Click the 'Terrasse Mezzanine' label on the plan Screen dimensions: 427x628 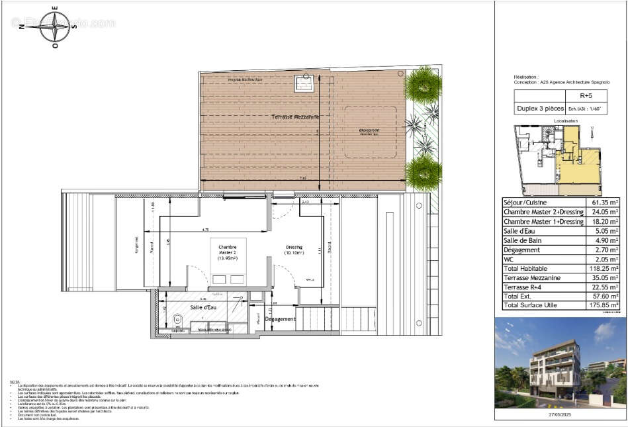click(294, 117)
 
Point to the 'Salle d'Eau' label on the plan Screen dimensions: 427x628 click(203, 308)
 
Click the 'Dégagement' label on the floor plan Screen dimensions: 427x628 click(279, 318)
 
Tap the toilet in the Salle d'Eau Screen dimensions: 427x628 click(175, 321)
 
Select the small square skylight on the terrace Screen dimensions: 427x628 click(304, 85)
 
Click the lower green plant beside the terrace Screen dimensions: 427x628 click(422, 172)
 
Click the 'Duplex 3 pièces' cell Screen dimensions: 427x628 click(540, 109)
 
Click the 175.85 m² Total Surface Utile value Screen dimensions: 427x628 click(604, 306)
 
